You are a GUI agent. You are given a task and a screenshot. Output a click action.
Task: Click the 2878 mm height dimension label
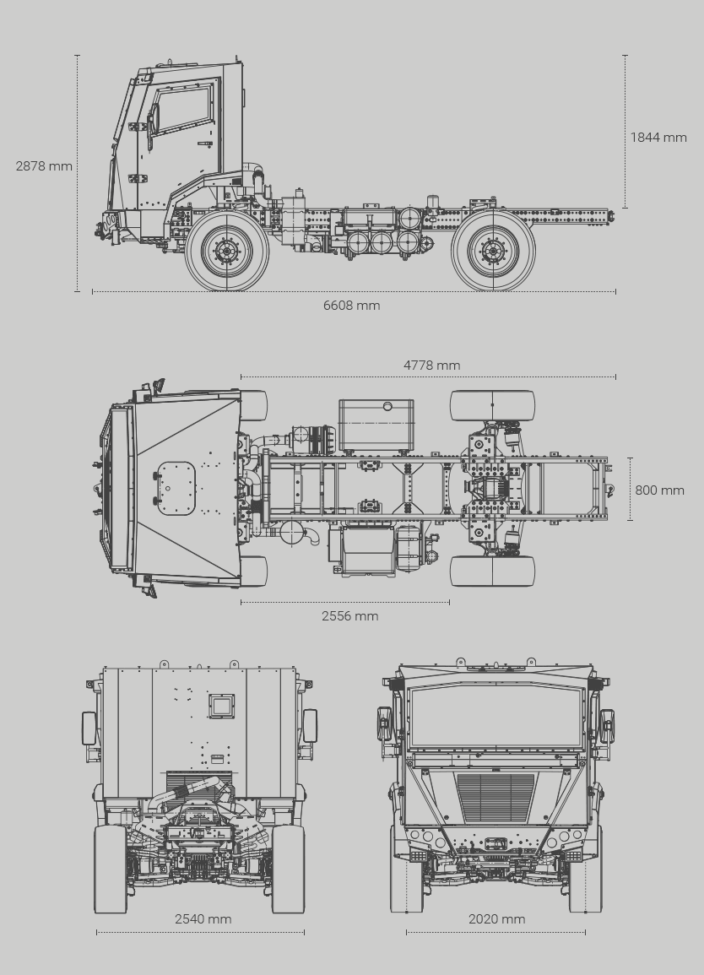[44, 166]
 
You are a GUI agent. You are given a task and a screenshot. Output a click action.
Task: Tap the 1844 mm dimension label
[658, 138]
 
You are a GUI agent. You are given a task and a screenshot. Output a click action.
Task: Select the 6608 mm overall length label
[351, 306]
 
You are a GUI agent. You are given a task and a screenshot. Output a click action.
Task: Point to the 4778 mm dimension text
[431, 365]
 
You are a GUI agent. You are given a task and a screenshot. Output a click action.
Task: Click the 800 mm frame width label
[659, 490]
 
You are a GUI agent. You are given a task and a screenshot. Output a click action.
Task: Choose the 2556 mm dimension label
[350, 615]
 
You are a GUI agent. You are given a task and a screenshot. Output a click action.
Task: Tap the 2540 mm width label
[203, 919]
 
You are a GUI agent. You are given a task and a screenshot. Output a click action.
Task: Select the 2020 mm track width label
[496, 919]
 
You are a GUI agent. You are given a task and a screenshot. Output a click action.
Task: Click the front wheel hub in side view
[227, 251]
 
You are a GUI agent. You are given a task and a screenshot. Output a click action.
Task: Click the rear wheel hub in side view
[493, 251]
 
